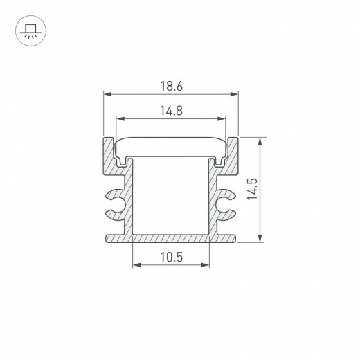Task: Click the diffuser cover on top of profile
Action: click(x=170, y=145)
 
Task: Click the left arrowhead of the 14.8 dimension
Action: click(x=118, y=118)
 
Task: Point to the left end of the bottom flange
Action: click(x=109, y=239)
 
